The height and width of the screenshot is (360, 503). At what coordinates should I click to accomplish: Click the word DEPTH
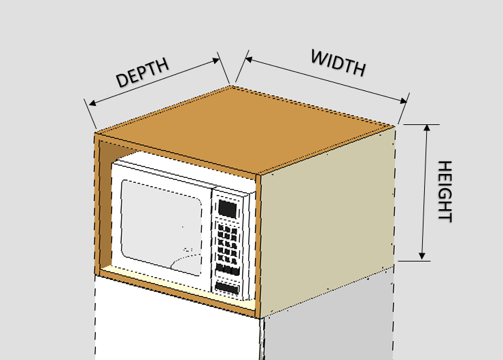[141, 73]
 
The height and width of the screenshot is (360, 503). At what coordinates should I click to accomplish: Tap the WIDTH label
[338, 63]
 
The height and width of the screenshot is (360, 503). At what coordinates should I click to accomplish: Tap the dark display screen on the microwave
[228, 207]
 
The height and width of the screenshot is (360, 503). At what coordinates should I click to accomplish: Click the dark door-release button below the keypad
[228, 288]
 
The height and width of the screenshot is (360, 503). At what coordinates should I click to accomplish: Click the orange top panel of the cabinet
[245, 129]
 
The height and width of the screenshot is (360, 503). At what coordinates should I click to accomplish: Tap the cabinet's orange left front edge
[97, 204]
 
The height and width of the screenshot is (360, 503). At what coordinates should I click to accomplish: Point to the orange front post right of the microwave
[258, 245]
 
